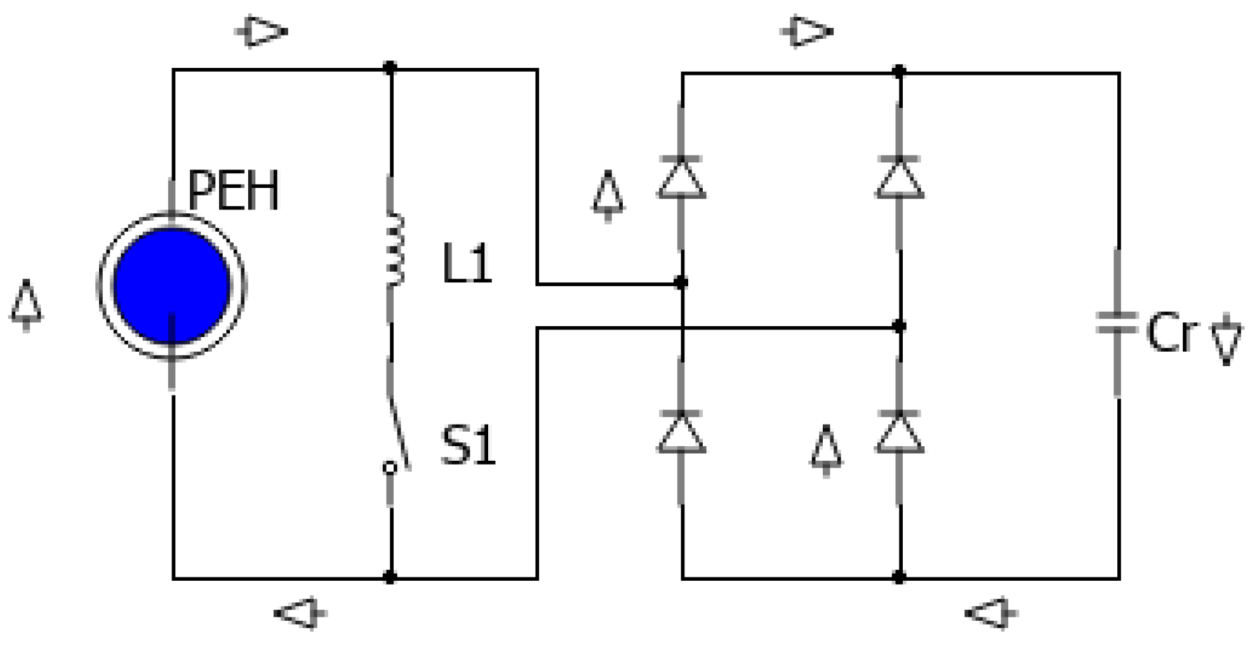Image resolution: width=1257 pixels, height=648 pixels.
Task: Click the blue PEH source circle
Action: coord(171,286)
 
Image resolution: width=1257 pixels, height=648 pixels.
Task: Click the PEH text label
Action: coord(233,191)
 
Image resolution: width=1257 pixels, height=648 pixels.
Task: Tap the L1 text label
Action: coord(467,264)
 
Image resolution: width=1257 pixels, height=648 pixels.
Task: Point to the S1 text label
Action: coord(468,446)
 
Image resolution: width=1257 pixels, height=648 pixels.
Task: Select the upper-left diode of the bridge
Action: coord(681,178)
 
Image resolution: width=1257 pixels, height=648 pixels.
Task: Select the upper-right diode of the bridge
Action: coord(900,178)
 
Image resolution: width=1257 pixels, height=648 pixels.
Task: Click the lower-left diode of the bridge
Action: coord(681,432)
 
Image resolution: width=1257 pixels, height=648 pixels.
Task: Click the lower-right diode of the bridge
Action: coord(900,432)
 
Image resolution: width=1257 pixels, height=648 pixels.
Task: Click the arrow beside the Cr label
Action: coord(1227,340)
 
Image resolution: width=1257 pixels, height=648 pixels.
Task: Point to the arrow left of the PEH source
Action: coord(26,306)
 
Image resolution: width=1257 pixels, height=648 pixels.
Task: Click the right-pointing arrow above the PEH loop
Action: coord(262,31)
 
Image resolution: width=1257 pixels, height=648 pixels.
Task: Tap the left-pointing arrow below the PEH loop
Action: coord(300,613)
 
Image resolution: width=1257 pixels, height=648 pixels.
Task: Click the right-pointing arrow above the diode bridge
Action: coord(806,31)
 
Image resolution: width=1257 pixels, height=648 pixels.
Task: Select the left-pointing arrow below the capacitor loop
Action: coord(991,613)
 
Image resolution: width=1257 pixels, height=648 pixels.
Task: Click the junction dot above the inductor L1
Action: coord(390,67)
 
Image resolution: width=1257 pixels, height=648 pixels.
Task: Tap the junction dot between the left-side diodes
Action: coord(681,282)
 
